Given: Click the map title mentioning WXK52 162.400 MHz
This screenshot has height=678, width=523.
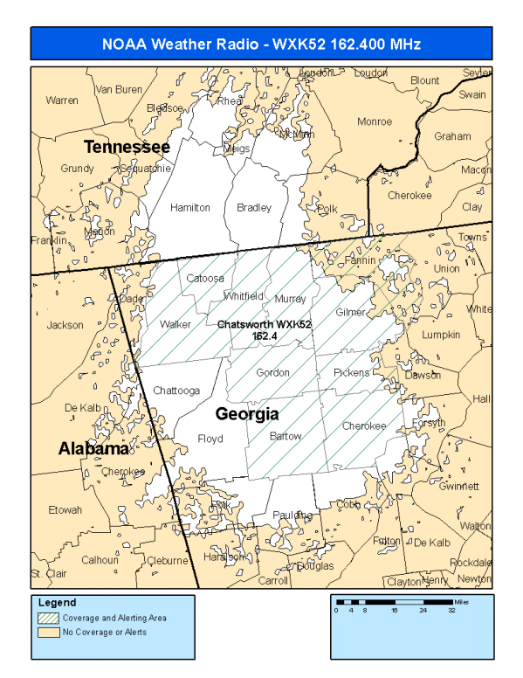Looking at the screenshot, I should (262, 44).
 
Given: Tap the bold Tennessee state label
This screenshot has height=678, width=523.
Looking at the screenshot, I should (127, 146).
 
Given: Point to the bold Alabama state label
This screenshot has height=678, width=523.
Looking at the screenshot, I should (93, 448).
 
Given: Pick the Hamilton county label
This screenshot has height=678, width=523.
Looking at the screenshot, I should (190, 208).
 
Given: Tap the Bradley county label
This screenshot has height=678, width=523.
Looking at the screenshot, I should (254, 208).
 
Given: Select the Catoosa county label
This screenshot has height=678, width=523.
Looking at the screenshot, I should (205, 279).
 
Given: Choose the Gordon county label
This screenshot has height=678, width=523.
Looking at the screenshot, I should (272, 373).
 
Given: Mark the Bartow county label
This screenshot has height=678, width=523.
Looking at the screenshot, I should (286, 436).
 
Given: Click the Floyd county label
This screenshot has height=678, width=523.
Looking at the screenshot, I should (210, 439).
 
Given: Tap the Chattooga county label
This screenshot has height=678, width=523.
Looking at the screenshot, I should (177, 390).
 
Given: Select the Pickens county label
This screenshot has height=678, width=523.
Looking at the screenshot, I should (352, 373).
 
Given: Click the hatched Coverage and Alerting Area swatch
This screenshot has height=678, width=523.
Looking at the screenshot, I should (49, 618).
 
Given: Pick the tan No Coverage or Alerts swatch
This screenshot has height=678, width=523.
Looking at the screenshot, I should (49, 632).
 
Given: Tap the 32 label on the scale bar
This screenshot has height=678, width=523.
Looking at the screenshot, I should (451, 611).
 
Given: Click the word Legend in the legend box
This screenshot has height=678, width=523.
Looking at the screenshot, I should (58, 603).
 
